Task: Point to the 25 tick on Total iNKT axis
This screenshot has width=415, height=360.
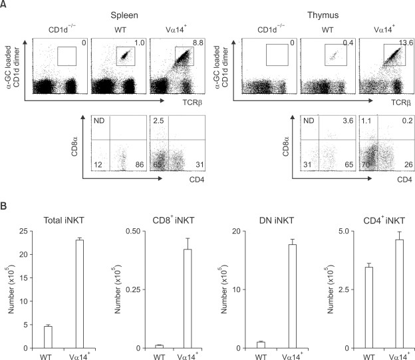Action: [x=25, y=232]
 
